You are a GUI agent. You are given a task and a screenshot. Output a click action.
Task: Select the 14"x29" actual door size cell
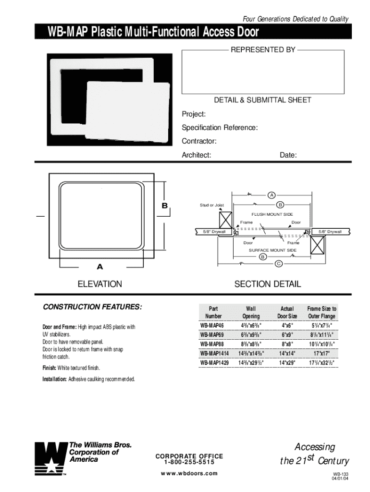point(287,363)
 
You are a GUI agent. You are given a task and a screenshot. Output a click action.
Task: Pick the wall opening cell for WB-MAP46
point(250,325)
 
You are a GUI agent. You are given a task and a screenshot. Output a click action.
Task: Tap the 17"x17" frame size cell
point(322,354)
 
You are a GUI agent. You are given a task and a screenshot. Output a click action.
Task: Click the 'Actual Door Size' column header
point(287,312)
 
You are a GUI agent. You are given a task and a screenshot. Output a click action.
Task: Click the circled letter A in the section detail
point(271,195)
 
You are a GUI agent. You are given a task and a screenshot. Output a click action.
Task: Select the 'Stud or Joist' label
point(211,205)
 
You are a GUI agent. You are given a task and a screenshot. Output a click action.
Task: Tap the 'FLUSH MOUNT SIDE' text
point(272,214)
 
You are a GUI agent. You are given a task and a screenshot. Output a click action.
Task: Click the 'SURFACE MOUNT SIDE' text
point(272,250)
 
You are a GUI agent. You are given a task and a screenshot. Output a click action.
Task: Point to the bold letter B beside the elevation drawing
point(164,206)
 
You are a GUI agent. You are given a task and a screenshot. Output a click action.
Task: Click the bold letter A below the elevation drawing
point(100,266)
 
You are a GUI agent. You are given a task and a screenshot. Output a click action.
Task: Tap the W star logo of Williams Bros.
point(49,458)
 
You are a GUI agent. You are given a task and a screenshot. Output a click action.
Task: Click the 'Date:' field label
point(288,155)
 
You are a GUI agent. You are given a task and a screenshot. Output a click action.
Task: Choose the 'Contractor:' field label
point(199,141)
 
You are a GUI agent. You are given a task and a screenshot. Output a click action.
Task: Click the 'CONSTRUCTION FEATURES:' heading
point(93,307)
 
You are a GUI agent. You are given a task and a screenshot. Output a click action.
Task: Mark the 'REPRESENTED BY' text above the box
point(263,49)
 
